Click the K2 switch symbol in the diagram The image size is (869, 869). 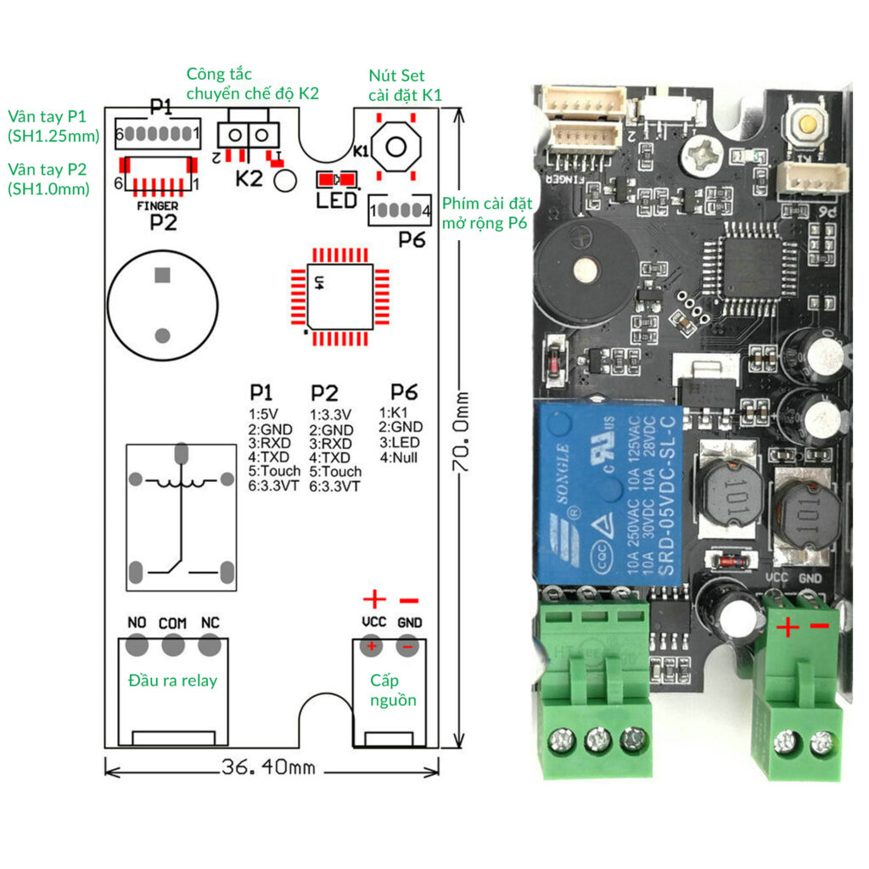(x=248, y=134)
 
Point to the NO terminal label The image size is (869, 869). (x=137, y=623)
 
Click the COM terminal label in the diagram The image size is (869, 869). (x=173, y=623)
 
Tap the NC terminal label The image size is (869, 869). (x=210, y=623)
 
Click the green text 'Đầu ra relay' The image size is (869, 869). (x=172, y=681)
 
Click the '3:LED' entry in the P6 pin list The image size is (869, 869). (x=401, y=442)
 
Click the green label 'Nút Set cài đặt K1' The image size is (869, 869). (x=405, y=85)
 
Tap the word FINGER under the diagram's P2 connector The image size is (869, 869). (x=157, y=206)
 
